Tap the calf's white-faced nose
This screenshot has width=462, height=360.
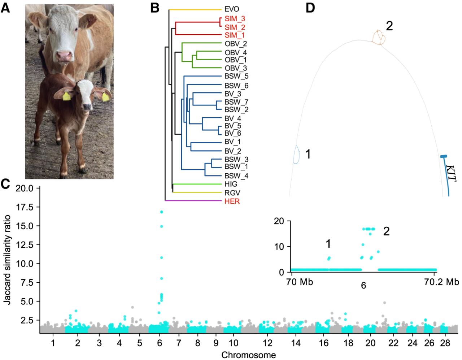pyautogui.click(x=87, y=106)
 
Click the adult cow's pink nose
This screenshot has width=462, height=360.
pyautogui.click(x=64, y=56)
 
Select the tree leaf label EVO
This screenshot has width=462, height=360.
pyautogui.click(x=231, y=9)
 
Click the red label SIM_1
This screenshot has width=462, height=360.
pyautogui.click(x=234, y=35)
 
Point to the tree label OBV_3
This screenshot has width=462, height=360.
pyautogui.click(x=236, y=68)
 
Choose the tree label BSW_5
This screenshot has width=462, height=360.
pyautogui.click(x=236, y=77)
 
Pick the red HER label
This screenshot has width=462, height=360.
pyautogui.click(x=232, y=201)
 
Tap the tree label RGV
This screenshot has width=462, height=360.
pyautogui.click(x=232, y=193)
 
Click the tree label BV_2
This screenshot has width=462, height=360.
pyautogui.click(x=232, y=151)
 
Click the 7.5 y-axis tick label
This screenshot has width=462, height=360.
pyautogui.click(x=27, y=282)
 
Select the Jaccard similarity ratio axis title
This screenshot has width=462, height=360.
pyautogui.click(x=7, y=260)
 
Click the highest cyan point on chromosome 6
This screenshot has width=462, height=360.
pyautogui.click(x=161, y=212)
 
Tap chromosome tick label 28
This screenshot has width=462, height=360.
pyautogui.click(x=445, y=343)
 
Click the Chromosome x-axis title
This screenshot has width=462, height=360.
pyautogui.click(x=248, y=355)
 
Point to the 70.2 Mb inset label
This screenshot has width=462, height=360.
pyautogui.click(x=441, y=282)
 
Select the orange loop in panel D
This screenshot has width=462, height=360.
pyautogui.click(x=379, y=38)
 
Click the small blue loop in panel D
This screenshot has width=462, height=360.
pyautogui.click(x=296, y=155)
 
